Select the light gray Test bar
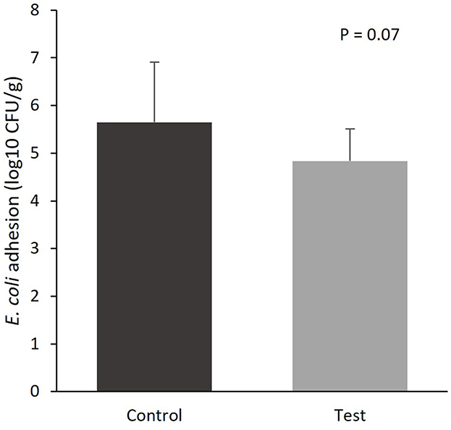[x=350, y=276]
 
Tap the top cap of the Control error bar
[x=154, y=62]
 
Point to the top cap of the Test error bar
[x=350, y=129]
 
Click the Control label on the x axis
[x=153, y=416]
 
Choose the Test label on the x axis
[x=350, y=416]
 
